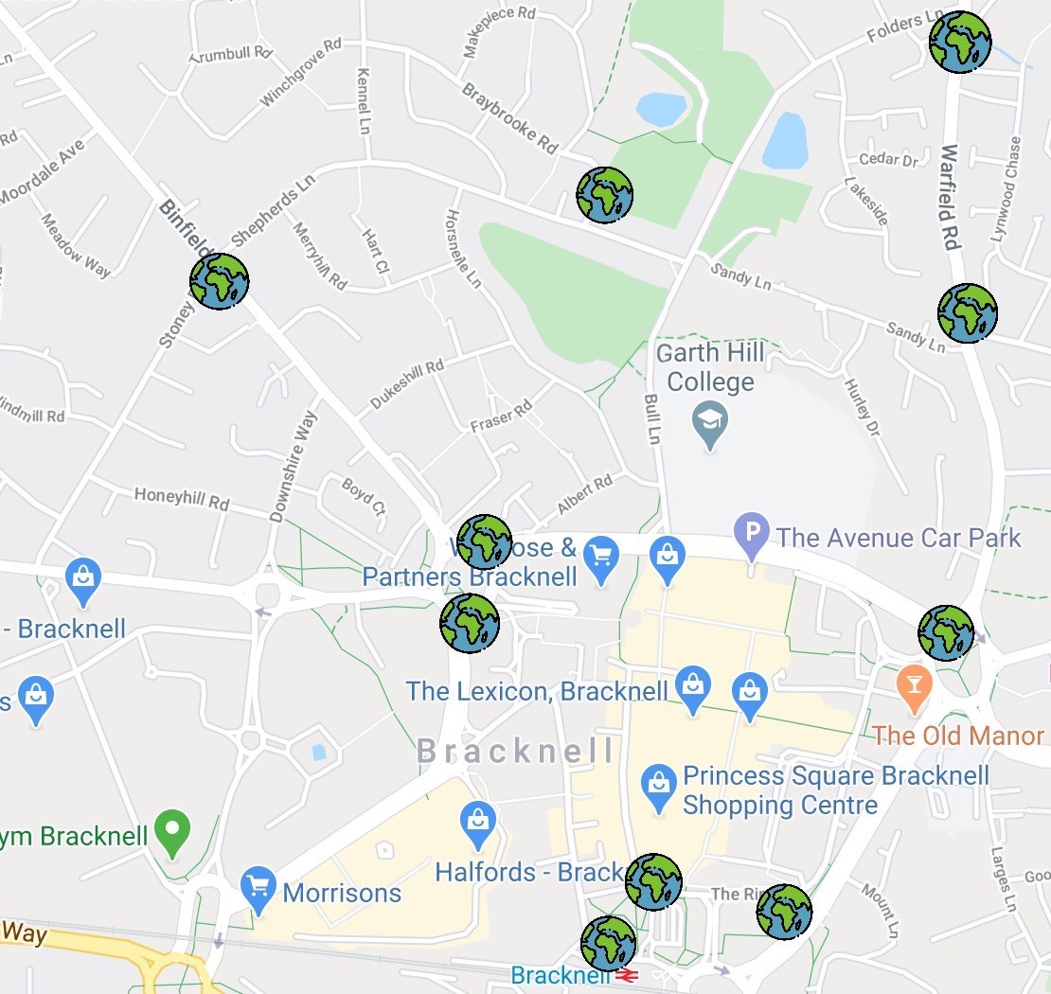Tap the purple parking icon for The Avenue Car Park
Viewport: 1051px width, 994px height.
752,537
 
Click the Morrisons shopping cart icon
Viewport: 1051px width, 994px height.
258,888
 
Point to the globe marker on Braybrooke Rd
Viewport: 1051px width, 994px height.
604,195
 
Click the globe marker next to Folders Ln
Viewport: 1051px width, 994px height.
959,43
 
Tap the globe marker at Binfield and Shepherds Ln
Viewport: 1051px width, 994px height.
219,281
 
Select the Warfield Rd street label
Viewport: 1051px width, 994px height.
950,197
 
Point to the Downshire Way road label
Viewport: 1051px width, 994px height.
293,466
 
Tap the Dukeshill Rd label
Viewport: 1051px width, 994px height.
406,384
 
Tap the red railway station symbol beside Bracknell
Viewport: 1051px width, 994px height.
626,975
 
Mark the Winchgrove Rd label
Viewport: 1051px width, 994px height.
300,72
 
